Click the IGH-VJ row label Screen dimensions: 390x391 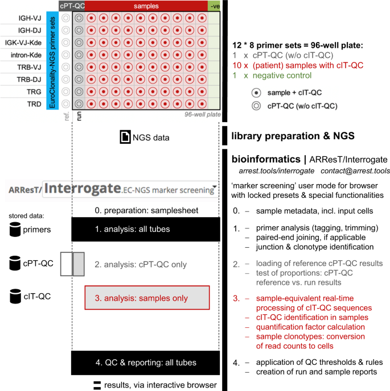pyautogui.click(x=30, y=18)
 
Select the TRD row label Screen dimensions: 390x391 pyautogui.click(x=34, y=104)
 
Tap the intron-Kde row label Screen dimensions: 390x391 pyautogui.click(x=26, y=55)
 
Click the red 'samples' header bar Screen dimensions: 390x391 pyautogui.click(x=146, y=6)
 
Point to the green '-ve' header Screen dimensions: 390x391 pyautogui.click(x=214, y=6)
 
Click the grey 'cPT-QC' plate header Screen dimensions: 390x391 pyautogui.click(x=72, y=6)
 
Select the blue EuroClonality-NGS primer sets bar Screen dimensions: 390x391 pyautogui.click(x=52, y=61)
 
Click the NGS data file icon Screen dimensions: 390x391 pyautogui.click(x=125, y=137)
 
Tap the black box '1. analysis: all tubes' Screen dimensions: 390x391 pyautogui.click(x=146, y=229)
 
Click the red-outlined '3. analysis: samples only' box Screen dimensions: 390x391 pyautogui.click(x=147, y=298)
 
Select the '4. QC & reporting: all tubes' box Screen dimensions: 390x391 pyautogui.click(x=145, y=363)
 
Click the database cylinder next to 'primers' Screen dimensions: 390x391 pyautogui.click(x=15, y=229)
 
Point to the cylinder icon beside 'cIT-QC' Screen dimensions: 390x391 pyautogui.click(x=15, y=296)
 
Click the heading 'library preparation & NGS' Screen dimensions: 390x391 pyautogui.click(x=293, y=136)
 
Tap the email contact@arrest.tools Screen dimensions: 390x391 pyautogui.click(x=355, y=171)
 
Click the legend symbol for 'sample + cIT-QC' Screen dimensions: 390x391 pyautogui.click(x=256, y=93)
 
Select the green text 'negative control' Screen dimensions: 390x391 pyautogui.click(x=282, y=76)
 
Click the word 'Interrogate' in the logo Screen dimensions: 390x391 pyautogui.click(x=83, y=188)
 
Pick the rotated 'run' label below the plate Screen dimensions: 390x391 pyautogui.click(x=79, y=116)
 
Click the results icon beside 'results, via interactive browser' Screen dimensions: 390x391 pyautogui.click(x=97, y=385)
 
